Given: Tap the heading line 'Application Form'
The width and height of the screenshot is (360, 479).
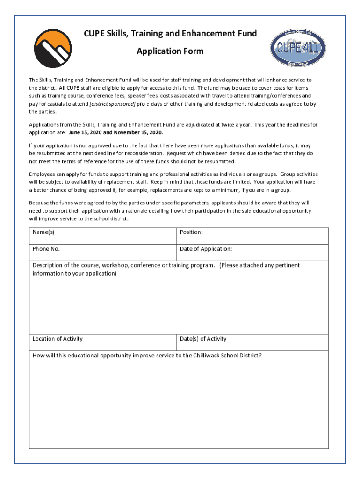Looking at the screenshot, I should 170,51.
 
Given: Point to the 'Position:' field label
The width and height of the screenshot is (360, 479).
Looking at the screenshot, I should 191,232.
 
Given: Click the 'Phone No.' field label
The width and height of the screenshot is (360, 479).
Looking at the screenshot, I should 46,249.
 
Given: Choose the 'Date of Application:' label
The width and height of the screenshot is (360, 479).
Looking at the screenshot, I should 206,249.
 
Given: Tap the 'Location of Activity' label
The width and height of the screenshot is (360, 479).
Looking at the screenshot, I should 58,339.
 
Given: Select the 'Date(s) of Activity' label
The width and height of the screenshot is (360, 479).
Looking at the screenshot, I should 203,339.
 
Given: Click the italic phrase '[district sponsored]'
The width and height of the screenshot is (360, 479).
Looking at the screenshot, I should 112,104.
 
